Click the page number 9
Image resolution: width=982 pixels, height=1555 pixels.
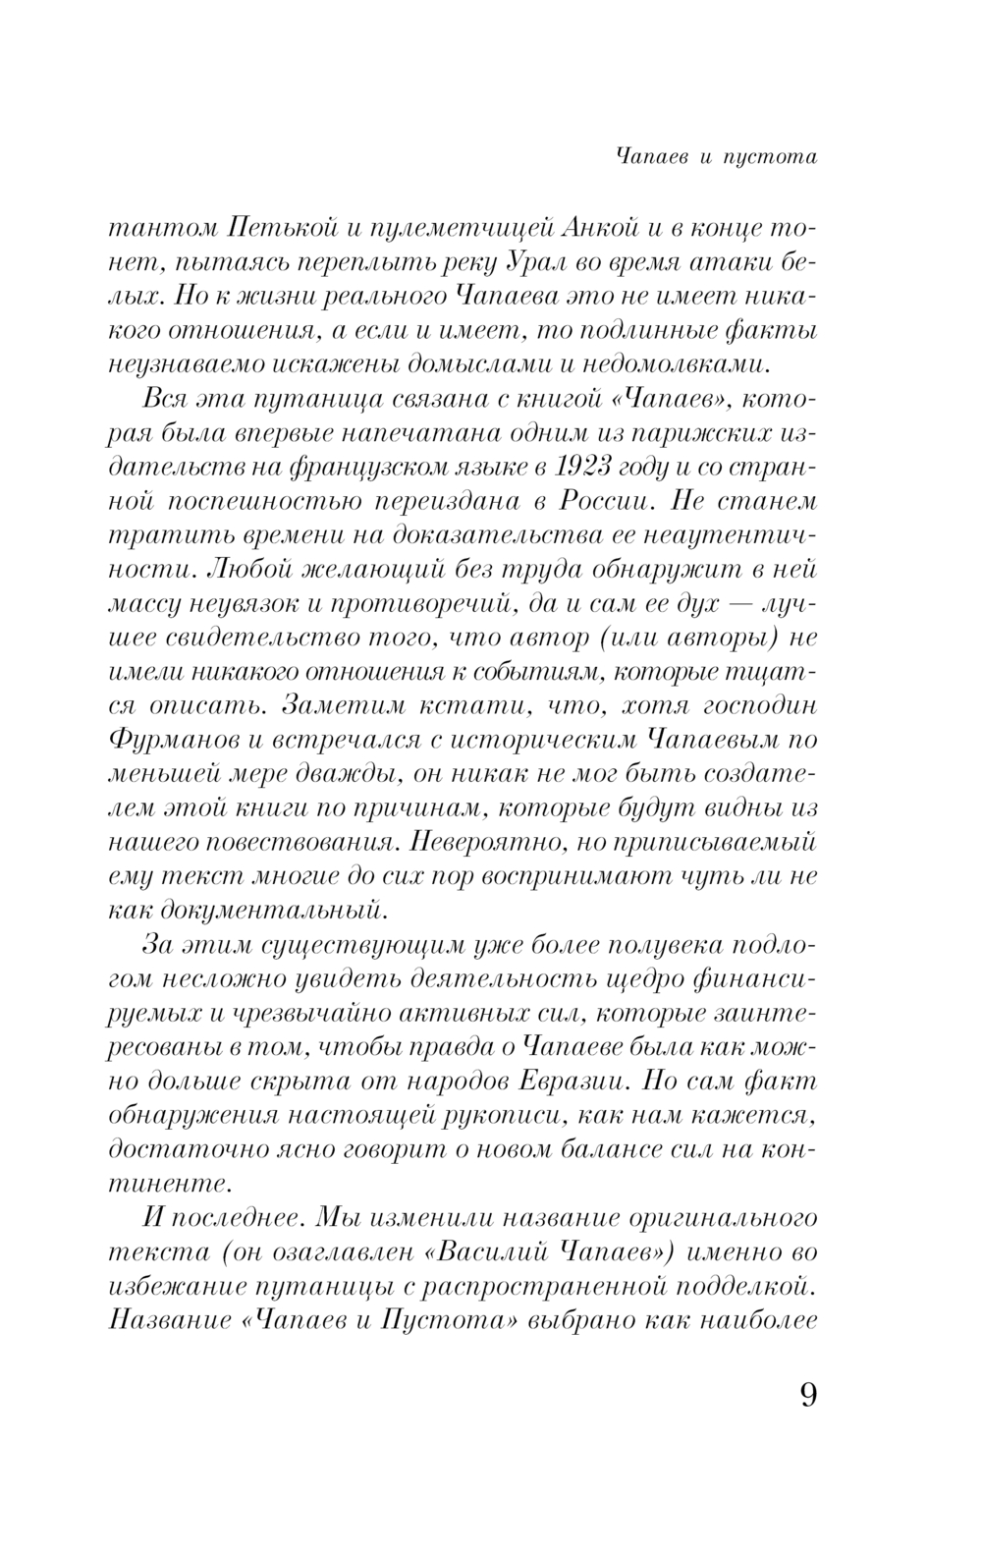coord(807,1395)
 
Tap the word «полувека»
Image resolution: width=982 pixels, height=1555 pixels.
coord(646,945)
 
